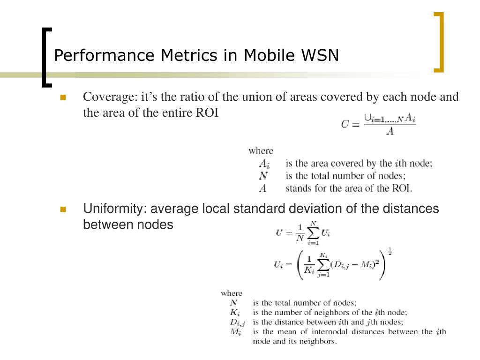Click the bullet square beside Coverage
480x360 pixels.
(x=63, y=97)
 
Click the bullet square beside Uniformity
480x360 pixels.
(x=63, y=209)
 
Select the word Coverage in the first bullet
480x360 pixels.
(x=108, y=97)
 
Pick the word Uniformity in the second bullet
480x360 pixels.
(x=114, y=209)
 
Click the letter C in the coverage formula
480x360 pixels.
(x=345, y=125)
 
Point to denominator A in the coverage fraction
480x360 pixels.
(x=390, y=132)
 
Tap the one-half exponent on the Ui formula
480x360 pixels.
(x=390, y=253)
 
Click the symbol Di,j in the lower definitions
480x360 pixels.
(x=238, y=322)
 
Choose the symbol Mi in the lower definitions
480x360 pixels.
(x=235, y=332)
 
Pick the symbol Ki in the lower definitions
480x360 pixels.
(x=235, y=312)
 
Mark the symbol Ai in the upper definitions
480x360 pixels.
(x=265, y=164)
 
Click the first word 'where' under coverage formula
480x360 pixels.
(x=261, y=151)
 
